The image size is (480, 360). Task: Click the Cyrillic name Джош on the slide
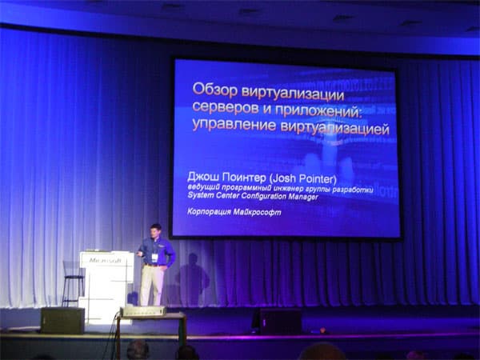[x=203, y=174]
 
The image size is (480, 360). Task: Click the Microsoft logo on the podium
[x=105, y=260]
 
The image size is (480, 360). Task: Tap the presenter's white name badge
[x=155, y=257]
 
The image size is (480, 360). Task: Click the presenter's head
[x=156, y=230]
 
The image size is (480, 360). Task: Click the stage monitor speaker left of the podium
[x=62, y=320]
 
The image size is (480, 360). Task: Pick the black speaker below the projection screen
[x=277, y=320]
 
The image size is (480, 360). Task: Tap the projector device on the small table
[x=143, y=310]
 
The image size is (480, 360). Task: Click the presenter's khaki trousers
[x=152, y=285]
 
